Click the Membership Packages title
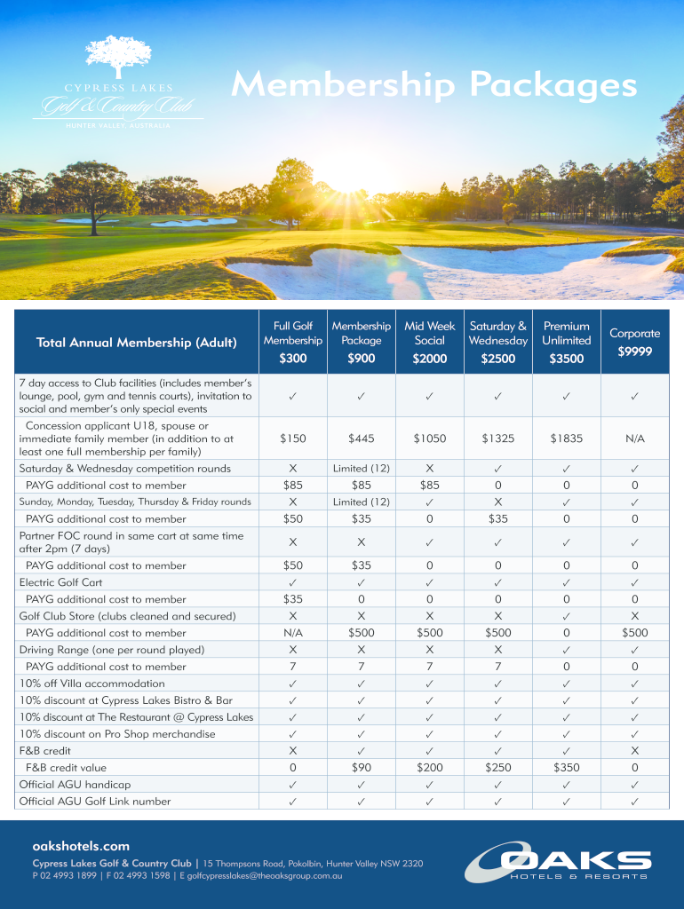pos(433,87)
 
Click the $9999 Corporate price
pos(634,352)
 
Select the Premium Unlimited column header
pos(567,333)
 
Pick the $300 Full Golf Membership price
pos(293,359)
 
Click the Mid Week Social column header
pos(430,333)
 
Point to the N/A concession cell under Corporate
pos(634,439)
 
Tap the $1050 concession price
pos(430,439)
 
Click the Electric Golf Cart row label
pos(60,582)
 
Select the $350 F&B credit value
pos(567,768)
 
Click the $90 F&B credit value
pos(362,768)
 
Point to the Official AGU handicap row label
pos(75,785)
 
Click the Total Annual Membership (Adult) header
pos(137,343)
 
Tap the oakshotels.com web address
pos(81,847)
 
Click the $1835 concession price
pos(567,439)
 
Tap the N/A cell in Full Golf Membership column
pos(293,633)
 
